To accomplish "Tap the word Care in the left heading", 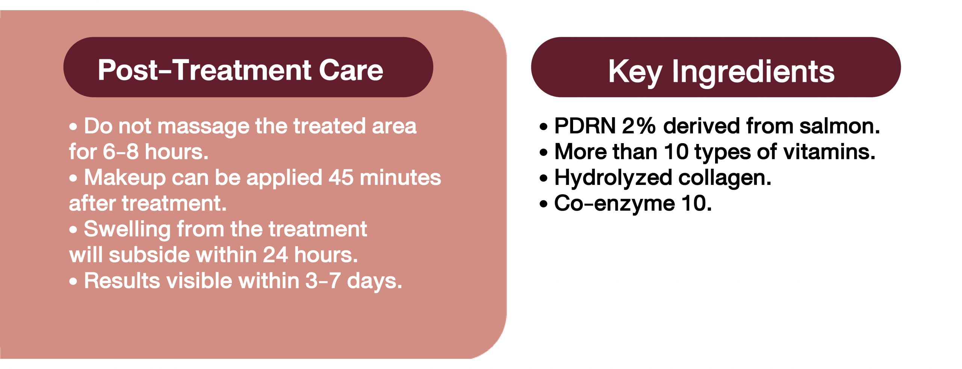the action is point(351,70).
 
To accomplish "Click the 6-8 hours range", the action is point(155,152).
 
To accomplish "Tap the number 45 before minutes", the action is point(341,177).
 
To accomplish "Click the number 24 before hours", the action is point(275,255).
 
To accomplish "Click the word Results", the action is point(122,281).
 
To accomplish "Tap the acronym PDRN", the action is point(585,126).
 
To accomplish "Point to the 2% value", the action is point(639,126).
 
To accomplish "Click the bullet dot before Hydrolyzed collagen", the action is point(543,178).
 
